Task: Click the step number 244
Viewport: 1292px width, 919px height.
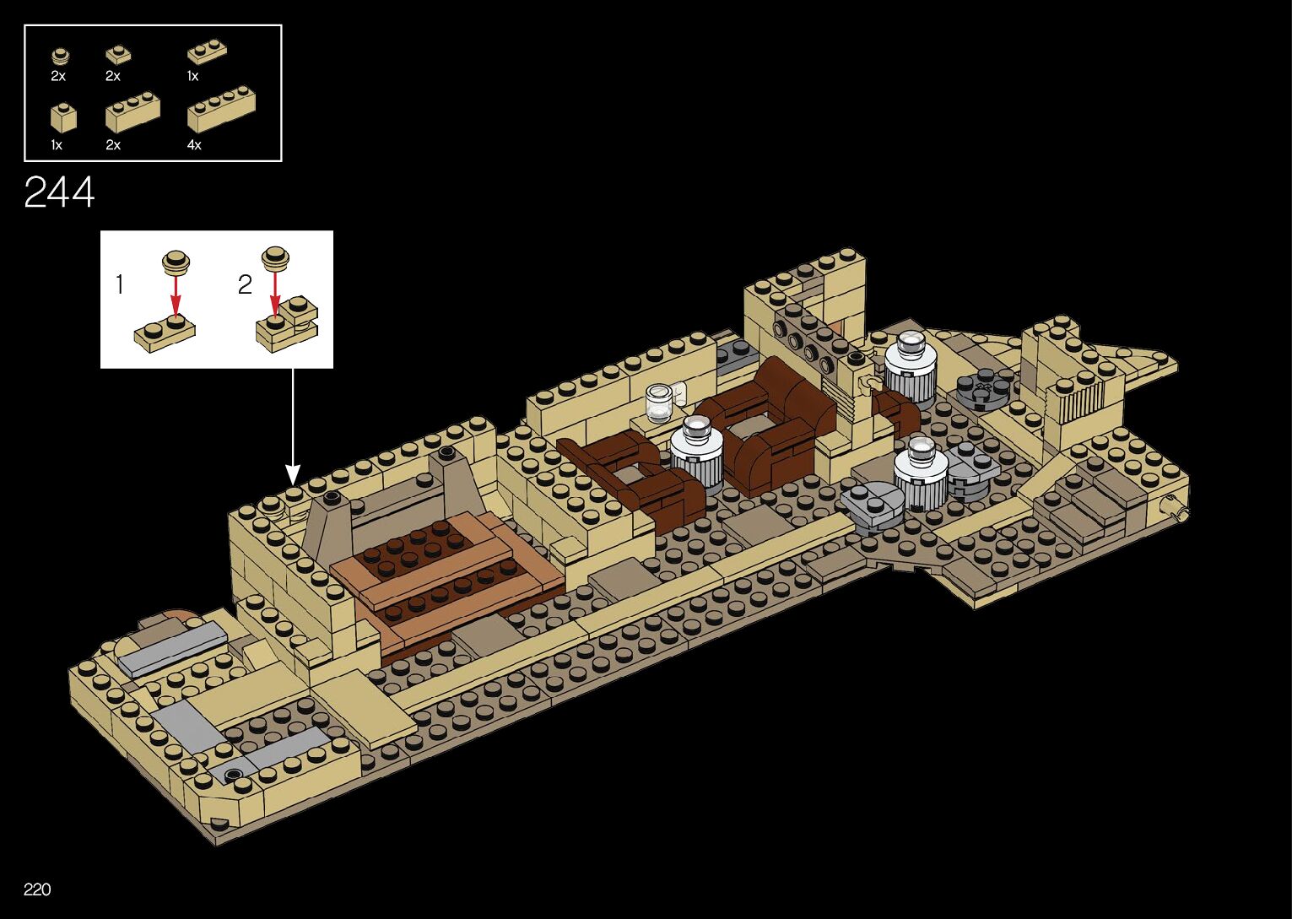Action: (x=59, y=193)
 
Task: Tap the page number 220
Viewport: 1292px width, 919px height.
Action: (x=37, y=889)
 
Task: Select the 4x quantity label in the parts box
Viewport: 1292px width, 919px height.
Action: (x=194, y=145)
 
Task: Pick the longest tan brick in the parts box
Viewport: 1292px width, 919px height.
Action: (x=221, y=109)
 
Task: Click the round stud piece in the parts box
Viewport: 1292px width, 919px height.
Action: (x=59, y=57)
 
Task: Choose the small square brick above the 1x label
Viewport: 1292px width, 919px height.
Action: (x=62, y=118)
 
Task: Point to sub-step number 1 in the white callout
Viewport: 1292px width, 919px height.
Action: (x=119, y=285)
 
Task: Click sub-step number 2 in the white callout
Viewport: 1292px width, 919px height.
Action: (x=245, y=285)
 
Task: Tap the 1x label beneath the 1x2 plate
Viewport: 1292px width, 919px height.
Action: (x=192, y=76)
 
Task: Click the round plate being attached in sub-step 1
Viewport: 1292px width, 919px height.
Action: (x=176, y=262)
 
